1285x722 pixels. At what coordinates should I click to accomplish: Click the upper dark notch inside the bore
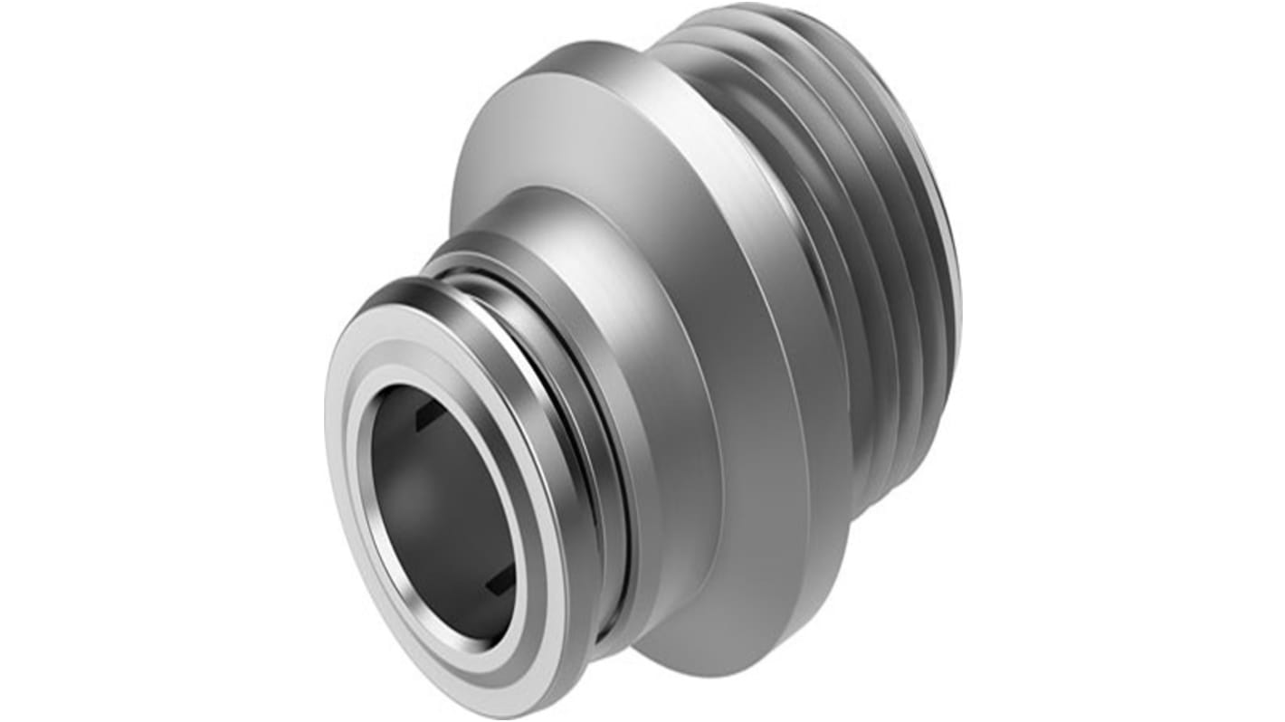(x=424, y=418)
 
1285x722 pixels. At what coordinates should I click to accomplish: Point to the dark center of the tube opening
(x=434, y=507)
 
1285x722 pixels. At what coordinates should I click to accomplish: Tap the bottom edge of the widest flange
(x=724, y=674)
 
